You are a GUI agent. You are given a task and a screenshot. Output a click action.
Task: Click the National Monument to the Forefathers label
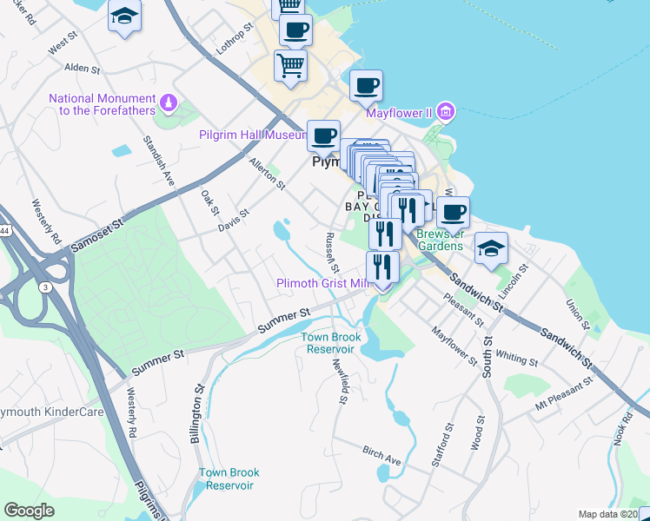[103, 104]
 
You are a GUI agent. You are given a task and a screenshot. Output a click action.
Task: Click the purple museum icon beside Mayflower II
[446, 111]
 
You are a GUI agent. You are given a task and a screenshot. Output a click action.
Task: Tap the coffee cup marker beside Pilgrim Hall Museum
[323, 136]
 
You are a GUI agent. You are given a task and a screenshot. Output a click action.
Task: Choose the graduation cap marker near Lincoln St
[491, 248]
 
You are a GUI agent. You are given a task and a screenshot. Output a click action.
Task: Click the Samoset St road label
[95, 235]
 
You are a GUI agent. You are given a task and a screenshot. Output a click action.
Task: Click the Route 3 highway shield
[43, 287]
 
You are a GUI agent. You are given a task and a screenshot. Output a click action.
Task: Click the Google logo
[30, 511]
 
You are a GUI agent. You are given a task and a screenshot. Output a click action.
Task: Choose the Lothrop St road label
[235, 39]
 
